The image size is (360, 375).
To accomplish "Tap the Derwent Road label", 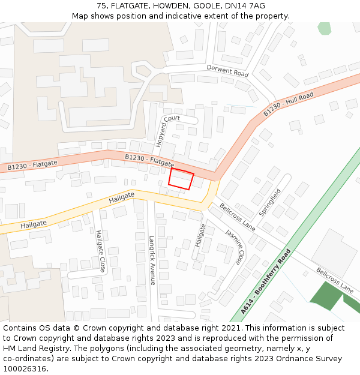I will pyautogui.click(x=227, y=70).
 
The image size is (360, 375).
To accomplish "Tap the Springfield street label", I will pyautogui.click(x=269, y=203).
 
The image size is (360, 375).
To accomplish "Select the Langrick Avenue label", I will pyautogui.click(x=152, y=260).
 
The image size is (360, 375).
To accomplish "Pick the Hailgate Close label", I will pyautogui.click(x=100, y=251).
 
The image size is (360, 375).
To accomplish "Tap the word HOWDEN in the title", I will pyautogui.click(x=171, y=6).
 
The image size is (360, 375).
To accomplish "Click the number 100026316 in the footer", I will pyautogui.click(x=25, y=369).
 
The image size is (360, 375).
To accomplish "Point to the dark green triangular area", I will pyautogui.click(x=327, y=295).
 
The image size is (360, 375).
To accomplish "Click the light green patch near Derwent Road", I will pyautogui.click(x=324, y=28).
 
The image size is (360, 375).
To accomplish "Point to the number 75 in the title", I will pyautogui.click(x=101, y=6).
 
